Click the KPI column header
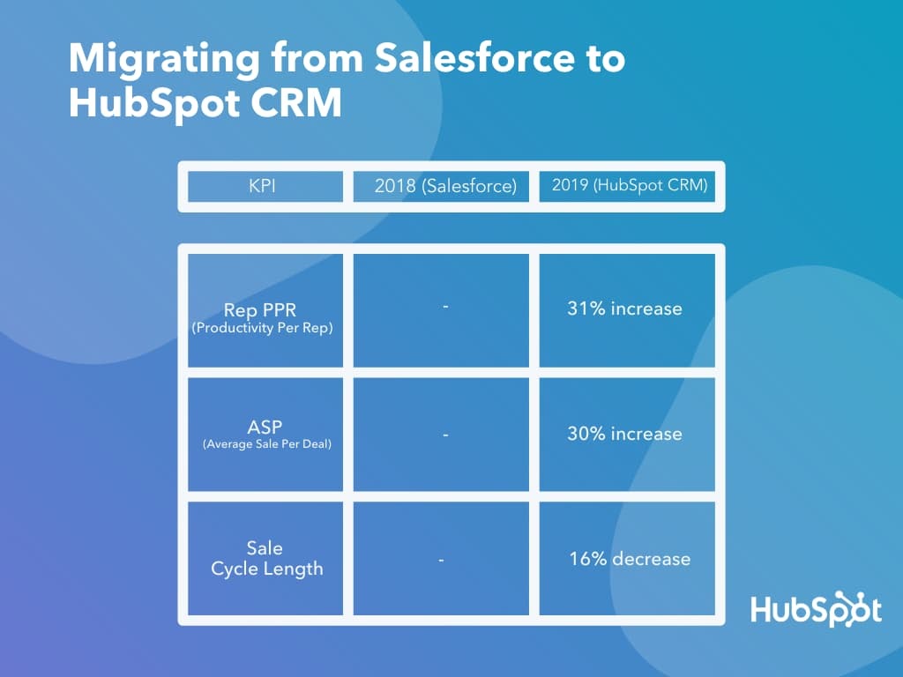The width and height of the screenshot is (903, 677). tap(265, 186)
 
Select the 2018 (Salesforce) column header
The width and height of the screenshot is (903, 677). tap(445, 186)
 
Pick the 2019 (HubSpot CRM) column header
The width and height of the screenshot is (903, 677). tap(630, 186)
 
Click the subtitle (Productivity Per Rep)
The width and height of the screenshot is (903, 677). tap(266, 328)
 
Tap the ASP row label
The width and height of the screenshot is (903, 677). tap(265, 427)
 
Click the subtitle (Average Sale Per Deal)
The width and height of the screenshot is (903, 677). tap(266, 444)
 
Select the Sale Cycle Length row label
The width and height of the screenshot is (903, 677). tap(266, 559)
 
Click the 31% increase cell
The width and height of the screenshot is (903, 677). tap(624, 309)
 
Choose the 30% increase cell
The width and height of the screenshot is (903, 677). tap(624, 434)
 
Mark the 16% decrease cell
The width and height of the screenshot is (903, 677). tap(630, 559)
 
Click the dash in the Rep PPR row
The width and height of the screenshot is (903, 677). tap(445, 307)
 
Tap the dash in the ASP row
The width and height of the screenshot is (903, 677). tap(445, 434)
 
